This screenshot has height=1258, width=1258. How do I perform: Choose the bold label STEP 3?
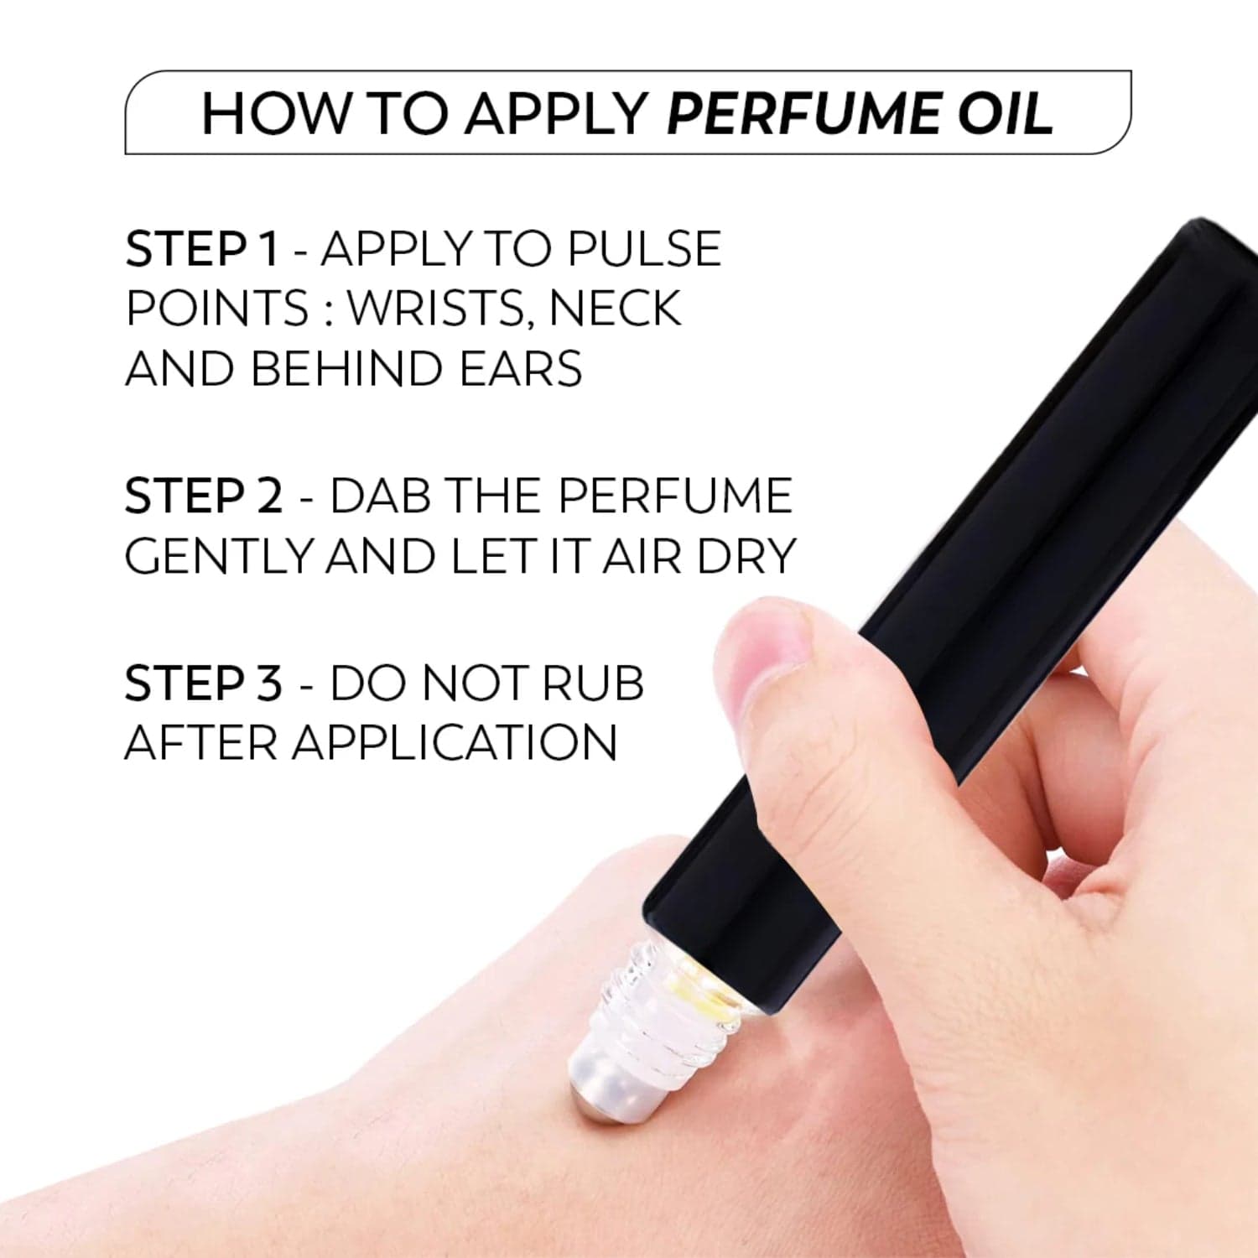(x=204, y=683)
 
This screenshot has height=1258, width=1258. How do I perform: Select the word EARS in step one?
(x=521, y=369)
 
